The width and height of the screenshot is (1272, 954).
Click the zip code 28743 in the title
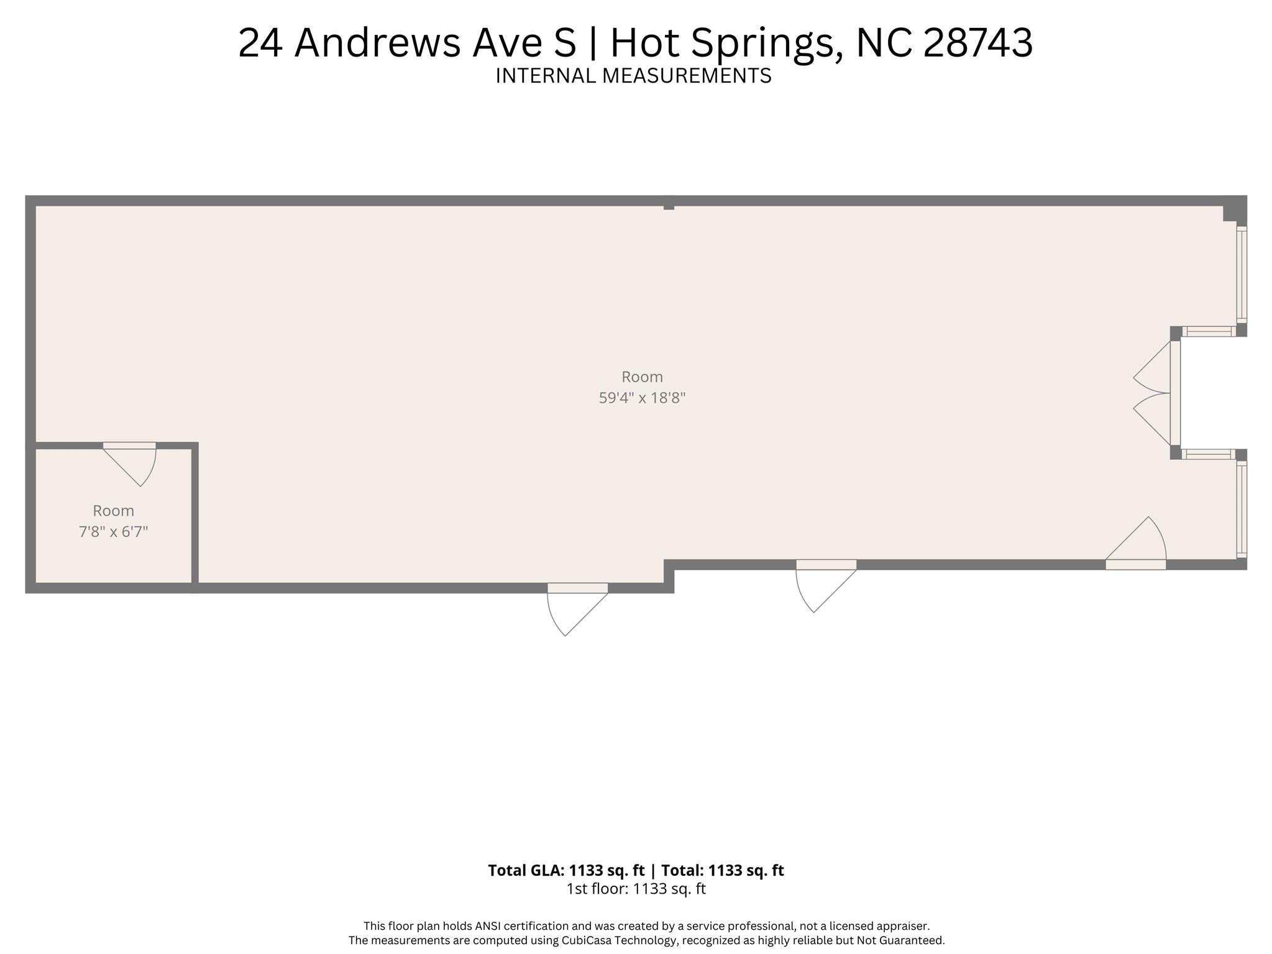pyautogui.click(x=978, y=44)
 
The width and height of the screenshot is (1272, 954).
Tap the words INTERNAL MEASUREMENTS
pyautogui.click(x=633, y=76)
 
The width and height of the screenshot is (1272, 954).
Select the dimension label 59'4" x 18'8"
pyautogui.click(x=642, y=398)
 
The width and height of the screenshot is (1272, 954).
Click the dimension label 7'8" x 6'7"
pyautogui.click(x=113, y=532)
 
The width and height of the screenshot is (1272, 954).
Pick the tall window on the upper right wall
pyautogui.click(x=1241, y=274)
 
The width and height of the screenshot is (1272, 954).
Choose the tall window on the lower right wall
pyautogui.click(x=1241, y=509)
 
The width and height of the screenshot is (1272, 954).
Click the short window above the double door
pyautogui.click(x=1207, y=332)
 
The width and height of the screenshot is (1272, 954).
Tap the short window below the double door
pyautogui.click(x=1207, y=454)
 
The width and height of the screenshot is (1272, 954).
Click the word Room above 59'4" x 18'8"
pyautogui.click(x=642, y=377)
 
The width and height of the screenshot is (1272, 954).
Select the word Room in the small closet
pyautogui.click(x=113, y=511)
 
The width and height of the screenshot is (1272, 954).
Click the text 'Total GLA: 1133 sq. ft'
pyautogui.click(x=565, y=871)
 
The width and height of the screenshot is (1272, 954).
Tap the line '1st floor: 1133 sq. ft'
pyautogui.click(x=636, y=889)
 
